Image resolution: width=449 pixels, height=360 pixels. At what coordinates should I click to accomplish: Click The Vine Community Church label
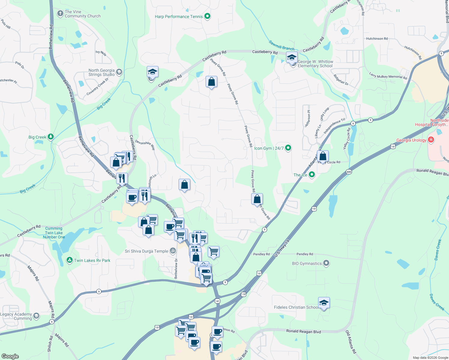(83, 14)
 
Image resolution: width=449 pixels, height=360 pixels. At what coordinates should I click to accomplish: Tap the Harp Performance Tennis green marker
(207, 16)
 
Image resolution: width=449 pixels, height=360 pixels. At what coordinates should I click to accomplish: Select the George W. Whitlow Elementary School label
(315, 64)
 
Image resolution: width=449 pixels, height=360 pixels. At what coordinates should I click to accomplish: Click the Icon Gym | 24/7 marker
(288, 148)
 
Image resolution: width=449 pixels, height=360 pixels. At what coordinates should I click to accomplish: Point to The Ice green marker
(312, 174)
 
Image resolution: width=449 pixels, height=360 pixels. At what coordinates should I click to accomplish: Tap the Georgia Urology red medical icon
(431, 139)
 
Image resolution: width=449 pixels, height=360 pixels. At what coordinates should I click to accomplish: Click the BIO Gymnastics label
(307, 263)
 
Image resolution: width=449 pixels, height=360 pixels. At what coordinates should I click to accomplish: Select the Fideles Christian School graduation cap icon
(324, 303)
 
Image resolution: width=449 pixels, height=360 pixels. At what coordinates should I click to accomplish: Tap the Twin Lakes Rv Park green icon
(70, 260)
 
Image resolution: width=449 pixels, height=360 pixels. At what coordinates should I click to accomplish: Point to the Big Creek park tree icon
(51, 137)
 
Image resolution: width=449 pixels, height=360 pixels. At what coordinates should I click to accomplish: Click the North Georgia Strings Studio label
(101, 72)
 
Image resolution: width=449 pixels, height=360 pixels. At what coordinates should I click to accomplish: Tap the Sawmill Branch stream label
(282, 46)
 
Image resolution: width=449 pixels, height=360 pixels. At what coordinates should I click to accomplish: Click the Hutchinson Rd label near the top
(377, 39)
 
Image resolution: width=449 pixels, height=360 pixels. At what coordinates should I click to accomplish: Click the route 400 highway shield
(348, 172)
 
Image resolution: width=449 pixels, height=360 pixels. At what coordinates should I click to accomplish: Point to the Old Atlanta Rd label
(351, 342)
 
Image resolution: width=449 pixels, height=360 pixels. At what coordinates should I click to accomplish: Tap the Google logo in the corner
(10, 356)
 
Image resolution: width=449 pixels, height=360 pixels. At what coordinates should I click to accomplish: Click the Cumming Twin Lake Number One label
(54, 233)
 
